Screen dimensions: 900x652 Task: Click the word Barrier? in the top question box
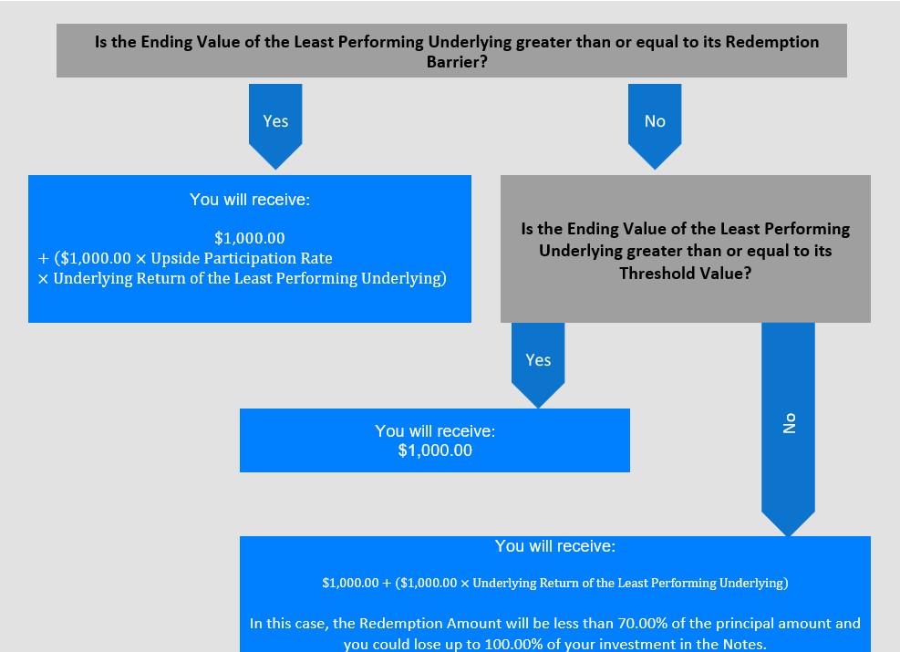457,61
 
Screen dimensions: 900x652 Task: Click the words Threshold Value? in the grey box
686,274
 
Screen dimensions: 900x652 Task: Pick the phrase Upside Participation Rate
242,258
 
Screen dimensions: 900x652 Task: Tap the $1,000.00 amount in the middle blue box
435,450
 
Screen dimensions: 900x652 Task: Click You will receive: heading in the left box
250,200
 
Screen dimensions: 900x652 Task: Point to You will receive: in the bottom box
555,546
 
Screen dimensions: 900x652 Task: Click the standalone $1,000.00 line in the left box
250,238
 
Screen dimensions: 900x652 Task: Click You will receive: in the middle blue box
435,431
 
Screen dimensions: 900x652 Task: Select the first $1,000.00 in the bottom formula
350,583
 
